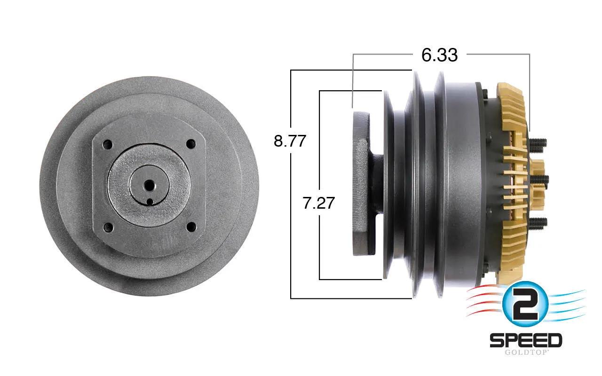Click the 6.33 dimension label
[439, 55]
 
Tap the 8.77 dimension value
[290, 141]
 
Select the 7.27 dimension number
[318, 203]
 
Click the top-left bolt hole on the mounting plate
[108, 145]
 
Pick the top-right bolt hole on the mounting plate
[191, 144]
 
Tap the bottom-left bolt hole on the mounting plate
[108, 227]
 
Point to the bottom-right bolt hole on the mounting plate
[191, 227]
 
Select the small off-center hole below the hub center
[150, 202]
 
